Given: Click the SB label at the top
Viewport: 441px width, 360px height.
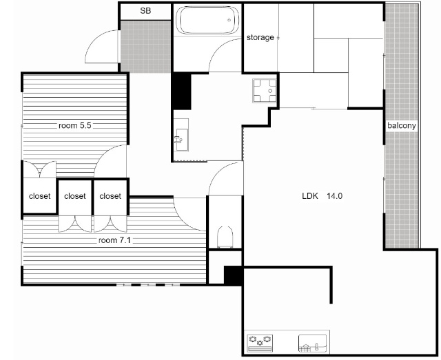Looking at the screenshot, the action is tap(145, 11).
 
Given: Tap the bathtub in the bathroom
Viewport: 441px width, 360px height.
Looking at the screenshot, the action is tap(207, 20).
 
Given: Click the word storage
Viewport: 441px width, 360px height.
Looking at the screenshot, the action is tap(260, 37).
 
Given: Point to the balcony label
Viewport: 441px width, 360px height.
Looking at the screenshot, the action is tap(401, 125).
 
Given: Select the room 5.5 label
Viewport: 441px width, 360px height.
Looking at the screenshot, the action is tap(75, 125).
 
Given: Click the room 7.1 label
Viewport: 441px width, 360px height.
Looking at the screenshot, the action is tap(114, 240).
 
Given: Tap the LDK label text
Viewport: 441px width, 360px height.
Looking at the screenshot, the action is tap(310, 196).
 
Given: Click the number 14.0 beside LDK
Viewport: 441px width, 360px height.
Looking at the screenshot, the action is tap(334, 196).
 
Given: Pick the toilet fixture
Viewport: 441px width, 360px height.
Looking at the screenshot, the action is tap(225, 237).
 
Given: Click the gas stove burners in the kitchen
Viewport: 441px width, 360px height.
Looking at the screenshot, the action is tap(260, 343).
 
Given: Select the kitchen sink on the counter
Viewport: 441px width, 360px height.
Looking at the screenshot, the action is tap(312, 343).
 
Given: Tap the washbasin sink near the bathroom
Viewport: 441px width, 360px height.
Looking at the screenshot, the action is tap(181, 135).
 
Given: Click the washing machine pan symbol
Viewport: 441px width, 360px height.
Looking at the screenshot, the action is tap(265, 91).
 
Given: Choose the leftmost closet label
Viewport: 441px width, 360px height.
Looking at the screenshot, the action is tap(40, 196).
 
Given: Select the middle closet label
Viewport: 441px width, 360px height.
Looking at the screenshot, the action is tap(75, 196).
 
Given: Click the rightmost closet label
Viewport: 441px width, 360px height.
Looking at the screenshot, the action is tap(110, 196).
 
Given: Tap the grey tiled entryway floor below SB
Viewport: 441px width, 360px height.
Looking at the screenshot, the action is tap(145, 46).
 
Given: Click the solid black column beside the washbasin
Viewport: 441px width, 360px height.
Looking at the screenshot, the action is tap(182, 91).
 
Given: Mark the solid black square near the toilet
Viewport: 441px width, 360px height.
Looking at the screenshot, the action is tap(233, 276).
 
